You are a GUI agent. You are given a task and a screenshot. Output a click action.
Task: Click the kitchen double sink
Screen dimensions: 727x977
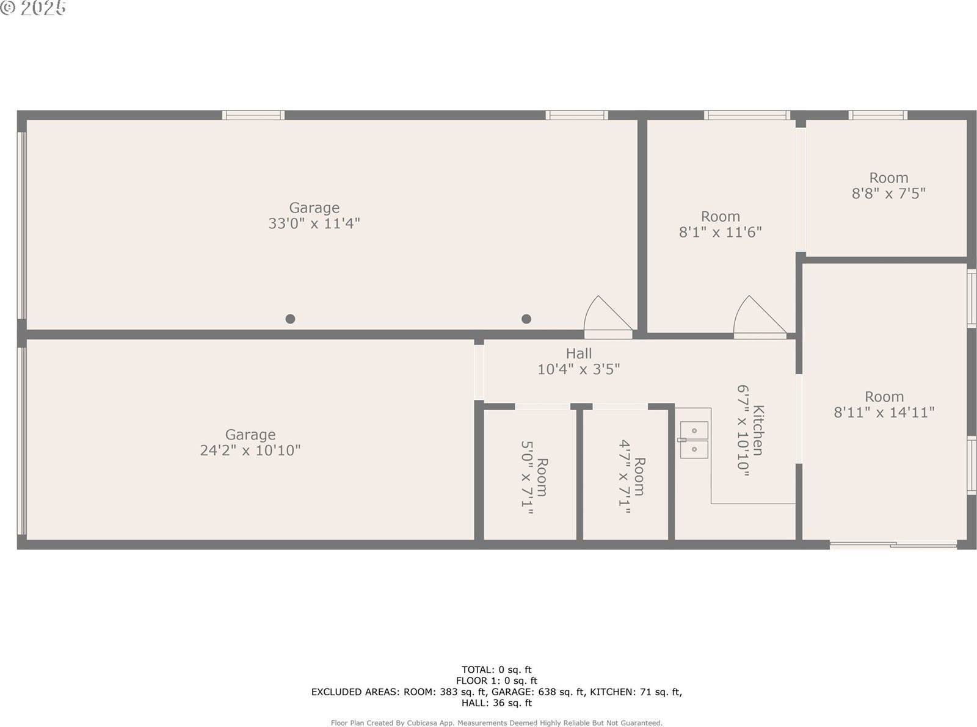(x=694, y=439)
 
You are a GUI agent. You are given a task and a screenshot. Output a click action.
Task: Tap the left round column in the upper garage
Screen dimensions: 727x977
(x=291, y=319)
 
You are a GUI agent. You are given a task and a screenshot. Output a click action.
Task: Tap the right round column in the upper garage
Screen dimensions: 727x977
(x=526, y=319)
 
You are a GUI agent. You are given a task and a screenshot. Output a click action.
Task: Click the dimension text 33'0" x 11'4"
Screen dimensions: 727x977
(x=314, y=223)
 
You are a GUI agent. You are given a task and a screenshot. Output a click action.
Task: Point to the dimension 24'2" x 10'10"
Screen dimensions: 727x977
(x=250, y=450)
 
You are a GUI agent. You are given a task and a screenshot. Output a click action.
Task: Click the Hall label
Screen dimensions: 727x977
(x=578, y=353)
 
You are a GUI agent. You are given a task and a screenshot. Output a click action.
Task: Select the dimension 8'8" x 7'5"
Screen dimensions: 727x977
(x=888, y=194)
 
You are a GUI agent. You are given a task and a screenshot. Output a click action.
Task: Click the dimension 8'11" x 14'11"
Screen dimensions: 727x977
(x=884, y=413)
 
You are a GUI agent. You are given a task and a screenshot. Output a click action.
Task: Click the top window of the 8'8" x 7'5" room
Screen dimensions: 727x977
(x=877, y=115)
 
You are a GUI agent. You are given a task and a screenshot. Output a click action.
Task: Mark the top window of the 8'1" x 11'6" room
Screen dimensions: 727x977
(x=747, y=115)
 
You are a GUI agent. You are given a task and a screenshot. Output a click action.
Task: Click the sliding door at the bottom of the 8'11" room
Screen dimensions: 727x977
(x=893, y=544)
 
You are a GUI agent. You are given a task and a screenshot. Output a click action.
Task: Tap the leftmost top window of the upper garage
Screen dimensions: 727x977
(x=253, y=115)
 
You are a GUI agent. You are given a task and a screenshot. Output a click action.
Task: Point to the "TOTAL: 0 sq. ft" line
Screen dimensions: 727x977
(x=496, y=670)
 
